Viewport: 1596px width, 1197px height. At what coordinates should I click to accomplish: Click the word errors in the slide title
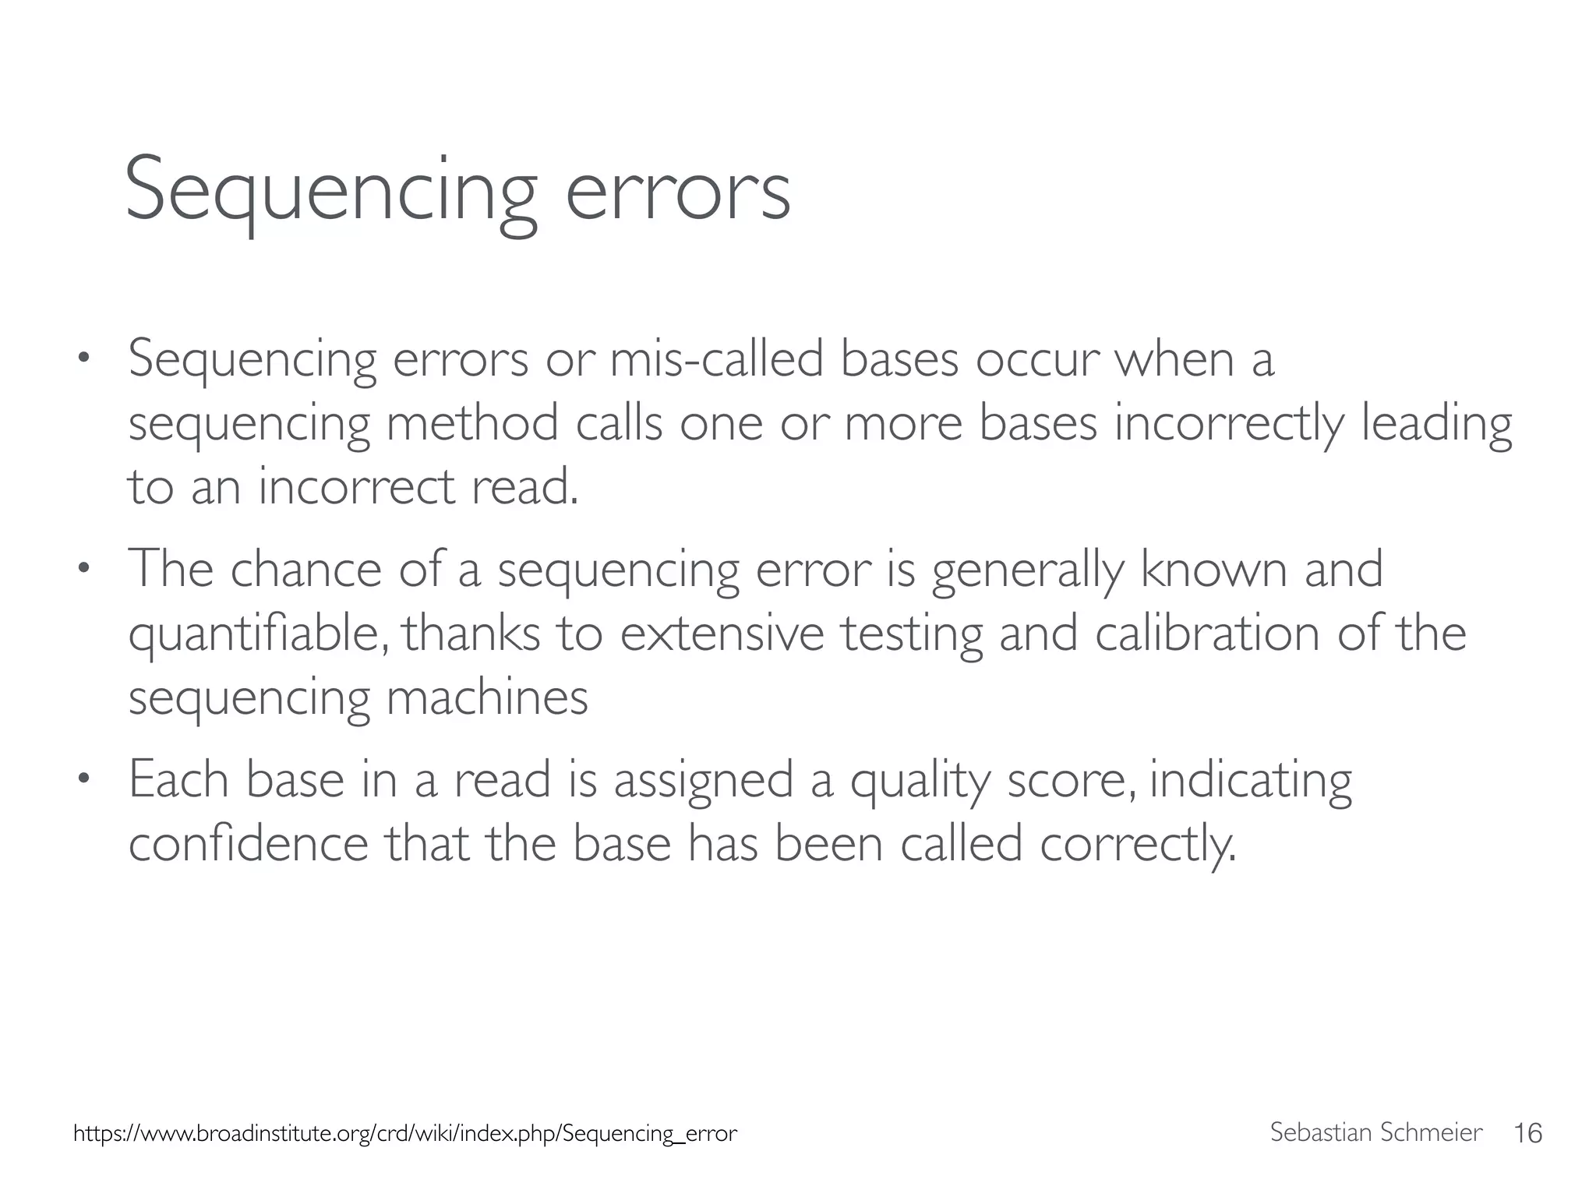point(677,191)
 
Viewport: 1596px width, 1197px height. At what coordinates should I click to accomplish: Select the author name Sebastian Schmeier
point(1375,1132)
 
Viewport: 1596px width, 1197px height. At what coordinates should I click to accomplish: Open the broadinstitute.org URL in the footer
point(404,1133)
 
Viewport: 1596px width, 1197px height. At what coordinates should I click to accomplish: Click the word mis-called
point(716,360)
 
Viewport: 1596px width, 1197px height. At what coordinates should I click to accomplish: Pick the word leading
point(1436,425)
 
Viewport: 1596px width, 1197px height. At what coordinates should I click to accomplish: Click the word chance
point(305,569)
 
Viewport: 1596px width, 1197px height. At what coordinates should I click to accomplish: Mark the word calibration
point(1207,633)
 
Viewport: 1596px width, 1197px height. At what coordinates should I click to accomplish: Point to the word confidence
point(248,844)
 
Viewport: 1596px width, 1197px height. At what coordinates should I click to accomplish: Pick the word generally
point(1027,570)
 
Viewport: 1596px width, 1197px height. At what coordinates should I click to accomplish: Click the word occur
point(1037,360)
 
